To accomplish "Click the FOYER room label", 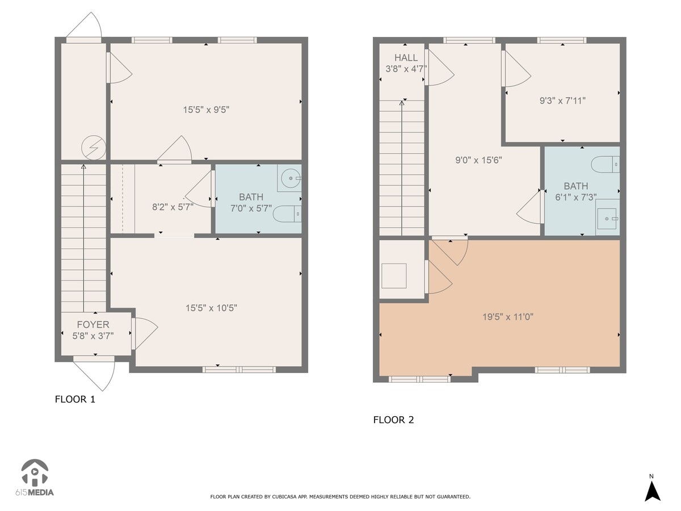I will (93, 325).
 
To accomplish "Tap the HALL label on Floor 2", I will (406, 58).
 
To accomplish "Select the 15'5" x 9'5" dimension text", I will (206, 110).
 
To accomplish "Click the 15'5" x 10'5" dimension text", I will (211, 308).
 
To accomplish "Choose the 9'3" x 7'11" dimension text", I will (562, 100).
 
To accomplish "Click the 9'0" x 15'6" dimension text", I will (478, 160).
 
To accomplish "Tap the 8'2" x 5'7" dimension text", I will (173, 207).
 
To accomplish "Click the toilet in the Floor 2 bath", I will (606, 165).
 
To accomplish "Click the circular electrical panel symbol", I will (94, 148).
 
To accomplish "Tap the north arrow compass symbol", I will (653, 489).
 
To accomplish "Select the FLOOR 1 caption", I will (75, 399).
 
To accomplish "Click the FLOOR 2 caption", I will (393, 420).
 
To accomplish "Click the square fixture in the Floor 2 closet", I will (394, 276).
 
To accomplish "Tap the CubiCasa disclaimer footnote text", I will (340, 497).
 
